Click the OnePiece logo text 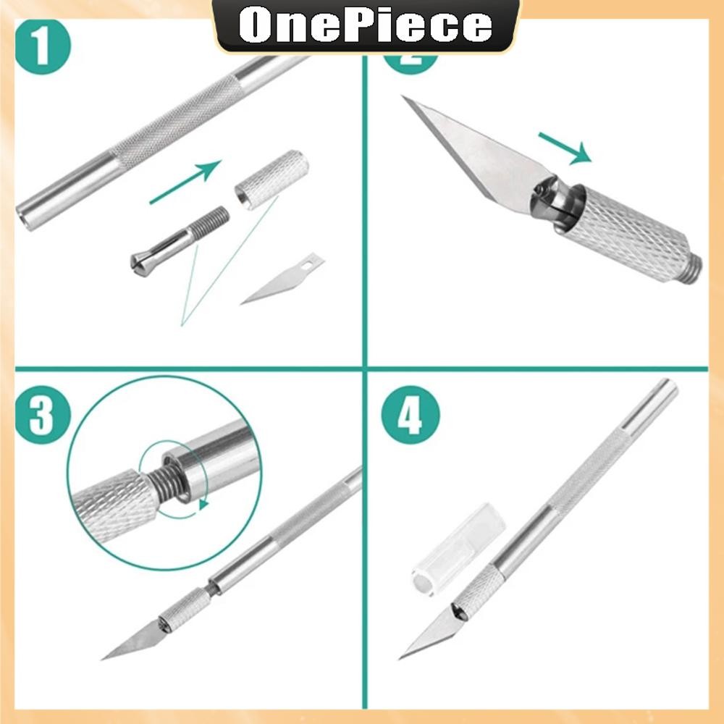tap(365, 26)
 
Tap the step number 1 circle tap(43, 46)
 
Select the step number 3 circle tap(43, 415)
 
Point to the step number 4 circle tap(410, 415)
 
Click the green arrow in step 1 tap(185, 182)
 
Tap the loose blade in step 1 tap(282, 279)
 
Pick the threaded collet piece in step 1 tap(180, 241)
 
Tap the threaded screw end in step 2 tap(694, 269)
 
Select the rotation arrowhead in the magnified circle tap(203, 504)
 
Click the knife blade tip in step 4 tap(400, 658)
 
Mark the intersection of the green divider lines tap(365, 369)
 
